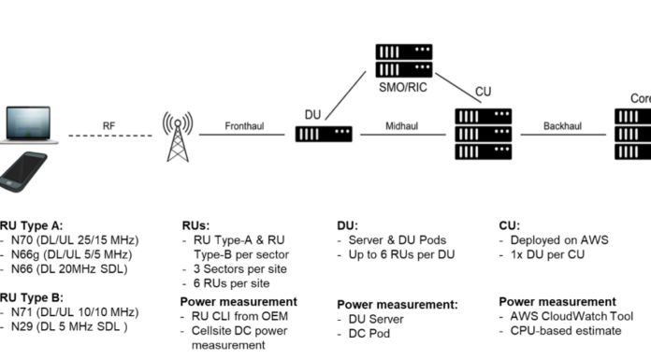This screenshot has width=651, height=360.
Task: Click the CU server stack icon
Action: [483, 134]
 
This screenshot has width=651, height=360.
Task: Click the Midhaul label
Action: [402, 123]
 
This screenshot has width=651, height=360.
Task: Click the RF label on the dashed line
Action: [110, 123]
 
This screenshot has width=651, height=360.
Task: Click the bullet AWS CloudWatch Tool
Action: [568, 316]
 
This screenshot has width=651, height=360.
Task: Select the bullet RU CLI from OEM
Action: [233, 316]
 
